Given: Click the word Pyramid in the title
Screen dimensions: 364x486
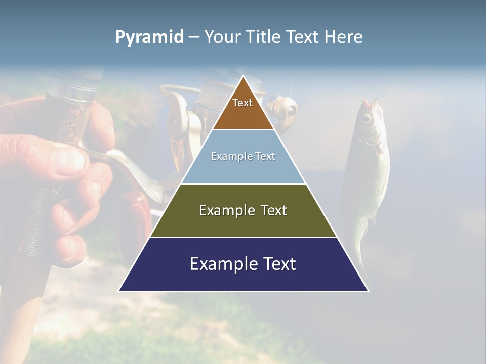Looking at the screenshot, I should (x=149, y=37).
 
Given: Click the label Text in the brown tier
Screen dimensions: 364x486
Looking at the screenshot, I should (x=242, y=103).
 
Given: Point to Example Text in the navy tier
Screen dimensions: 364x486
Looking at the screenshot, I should (x=243, y=264).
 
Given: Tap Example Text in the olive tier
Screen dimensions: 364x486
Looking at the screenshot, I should (x=243, y=210).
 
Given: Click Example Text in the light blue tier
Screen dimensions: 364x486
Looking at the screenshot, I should (x=243, y=156).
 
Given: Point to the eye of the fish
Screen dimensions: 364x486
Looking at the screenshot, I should (x=366, y=119).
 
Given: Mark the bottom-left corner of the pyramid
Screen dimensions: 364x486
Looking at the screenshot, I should (x=119, y=291).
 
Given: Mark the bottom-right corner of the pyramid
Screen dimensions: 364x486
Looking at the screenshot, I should (x=368, y=291).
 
